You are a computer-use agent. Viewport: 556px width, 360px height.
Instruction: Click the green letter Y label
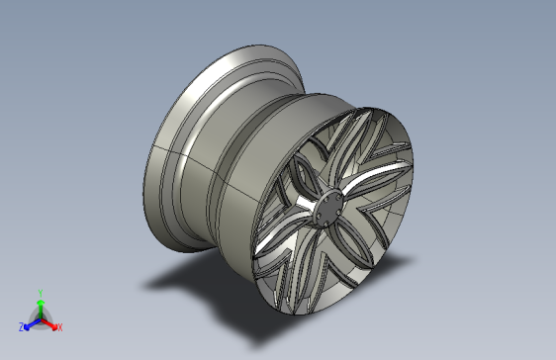[x=41, y=294]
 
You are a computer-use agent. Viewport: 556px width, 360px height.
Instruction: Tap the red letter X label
[x=60, y=327]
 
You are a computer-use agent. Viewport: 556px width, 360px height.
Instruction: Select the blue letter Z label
[x=22, y=326]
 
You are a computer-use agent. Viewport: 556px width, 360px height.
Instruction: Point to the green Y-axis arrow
[x=41, y=310]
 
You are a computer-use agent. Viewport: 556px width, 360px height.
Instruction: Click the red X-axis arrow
[x=49, y=324]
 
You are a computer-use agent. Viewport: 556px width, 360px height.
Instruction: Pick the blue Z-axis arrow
[x=32, y=323]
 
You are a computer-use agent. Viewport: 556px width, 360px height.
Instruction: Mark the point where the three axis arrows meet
[x=41, y=319]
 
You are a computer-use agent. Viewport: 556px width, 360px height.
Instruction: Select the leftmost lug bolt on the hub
[x=319, y=215]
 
